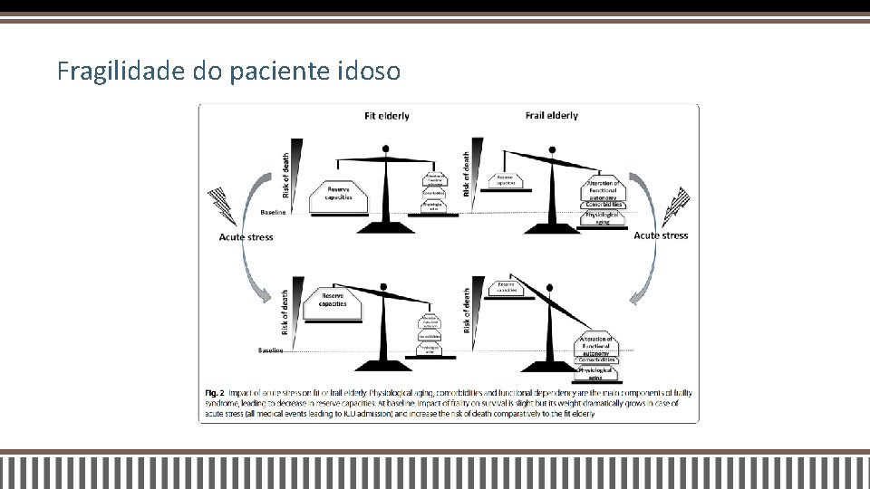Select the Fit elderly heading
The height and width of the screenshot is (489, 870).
point(386,115)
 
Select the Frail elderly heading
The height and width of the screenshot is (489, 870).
point(551,115)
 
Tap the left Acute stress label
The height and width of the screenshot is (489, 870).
point(246,237)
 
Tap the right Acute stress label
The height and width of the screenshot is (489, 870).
point(661,235)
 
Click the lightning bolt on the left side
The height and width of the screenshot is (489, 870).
point(223,206)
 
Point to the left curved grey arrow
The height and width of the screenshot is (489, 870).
point(250,272)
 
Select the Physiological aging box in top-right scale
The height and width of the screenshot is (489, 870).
point(603,217)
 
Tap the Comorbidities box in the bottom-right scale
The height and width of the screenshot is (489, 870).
point(598,360)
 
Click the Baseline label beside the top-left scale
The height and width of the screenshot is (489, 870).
point(273,213)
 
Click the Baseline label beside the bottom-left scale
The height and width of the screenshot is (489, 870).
point(271,350)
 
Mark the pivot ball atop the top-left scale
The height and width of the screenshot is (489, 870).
point(387,148)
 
